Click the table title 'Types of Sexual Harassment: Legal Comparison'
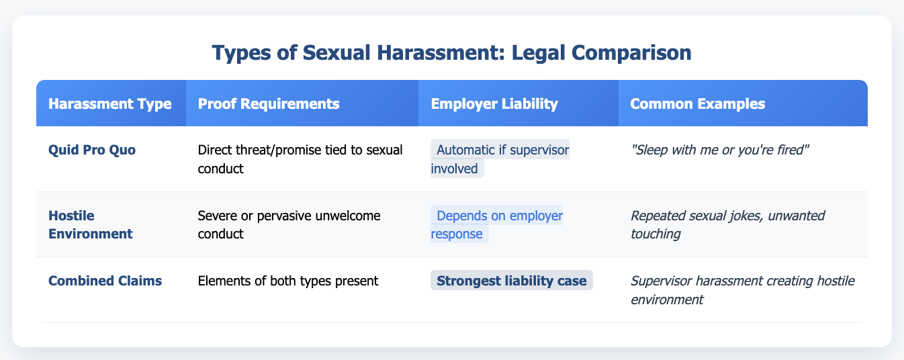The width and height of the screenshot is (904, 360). pyautogui.click(x=451, y=54)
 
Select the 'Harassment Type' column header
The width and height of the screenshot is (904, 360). pyautogui.click(x=110, y=103)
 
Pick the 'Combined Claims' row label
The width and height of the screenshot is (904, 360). pyautogui.click(x=104, y=281)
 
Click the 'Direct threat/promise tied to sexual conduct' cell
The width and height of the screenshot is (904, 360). pyautogui.click(x=300, y=159)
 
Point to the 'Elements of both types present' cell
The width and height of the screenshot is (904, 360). pyautogui.click(x=289, y=281)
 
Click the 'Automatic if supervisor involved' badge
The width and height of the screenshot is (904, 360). pyautogui.click(x=500, y=159)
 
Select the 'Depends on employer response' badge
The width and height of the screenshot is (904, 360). pyautogui.click(x=497, y=224)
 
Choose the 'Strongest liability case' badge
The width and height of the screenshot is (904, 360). pyautogui.click(x=511, y=281)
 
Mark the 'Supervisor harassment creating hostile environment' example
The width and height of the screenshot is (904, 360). pyautogui.click(x=742, y=289)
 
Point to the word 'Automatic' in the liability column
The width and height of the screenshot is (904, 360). pyautogui.click(x=465, y=150)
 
